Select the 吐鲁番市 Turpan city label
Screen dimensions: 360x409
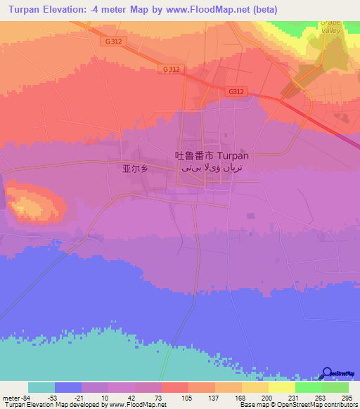210,157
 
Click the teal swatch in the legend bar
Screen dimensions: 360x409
41,387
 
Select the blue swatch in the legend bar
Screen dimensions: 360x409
68,387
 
